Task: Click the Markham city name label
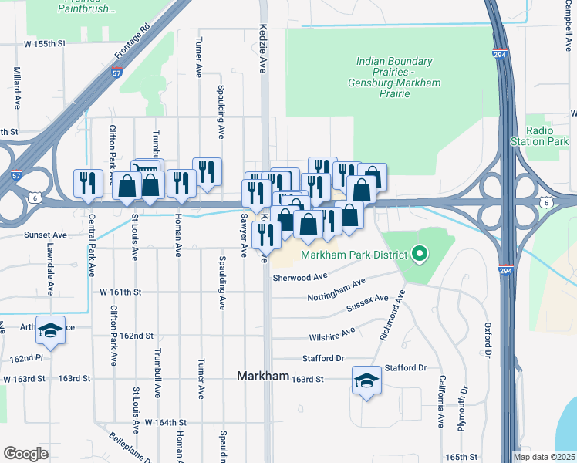pyautogui.click(x=262, y=377)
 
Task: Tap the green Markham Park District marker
pyautogui.click(x=420, y=253)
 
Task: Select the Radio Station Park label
pyautogui.click(x=539, y=136)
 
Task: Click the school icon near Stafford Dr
pyautogui.click(x=366, y=380)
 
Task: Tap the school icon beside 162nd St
pyautogui.click(x=51, y=330)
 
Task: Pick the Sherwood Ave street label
pyautogui.click(x=299, y=276)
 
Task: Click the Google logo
pyautogui.click(x=25, y=454)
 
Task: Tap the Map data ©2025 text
pyautogui.click(x=543, y=457)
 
